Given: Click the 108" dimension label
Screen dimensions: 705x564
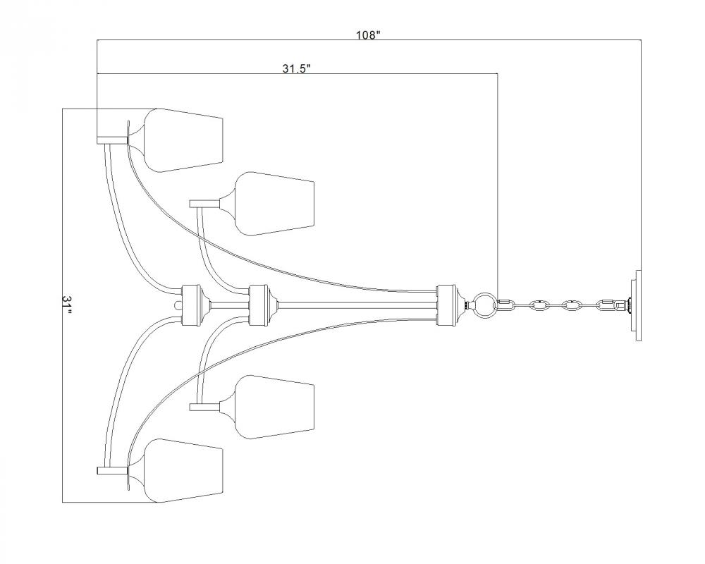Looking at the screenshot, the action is [x=368, y=35].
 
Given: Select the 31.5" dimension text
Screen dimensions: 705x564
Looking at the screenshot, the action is [x=297, y=68].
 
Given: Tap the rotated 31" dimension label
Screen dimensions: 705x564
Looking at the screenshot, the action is [x=67, y=305].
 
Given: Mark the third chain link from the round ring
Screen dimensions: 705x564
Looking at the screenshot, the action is [x=570, y=305].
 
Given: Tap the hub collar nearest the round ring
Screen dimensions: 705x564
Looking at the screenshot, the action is [x=447, y=305].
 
